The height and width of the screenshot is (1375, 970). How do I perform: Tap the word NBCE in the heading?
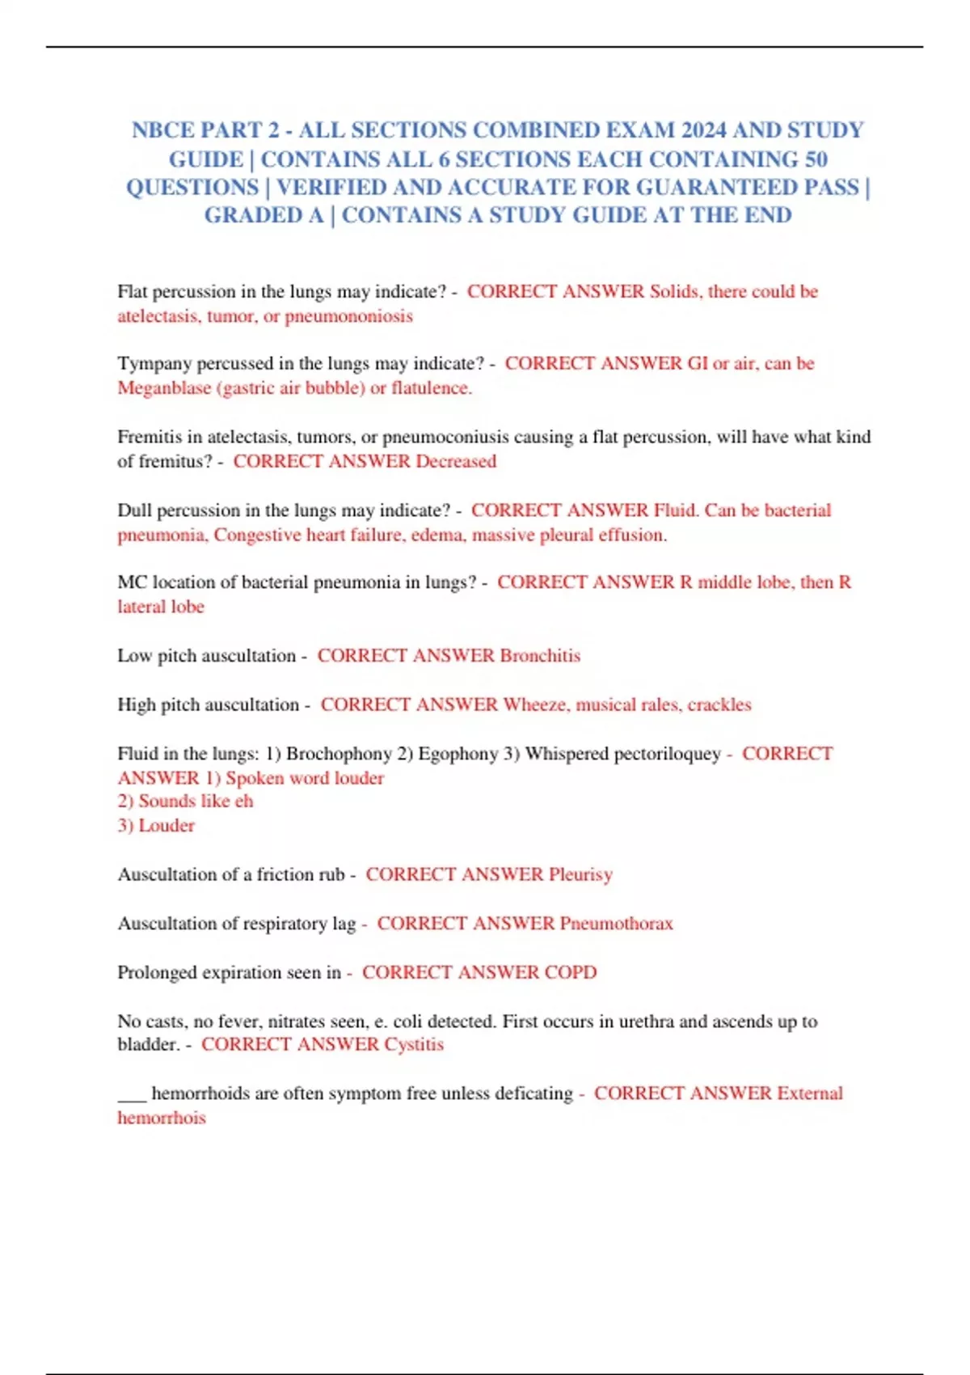point(162,130)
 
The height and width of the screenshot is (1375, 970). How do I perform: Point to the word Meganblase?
point(164,387)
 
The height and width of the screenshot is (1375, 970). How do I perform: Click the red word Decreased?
point(456,461)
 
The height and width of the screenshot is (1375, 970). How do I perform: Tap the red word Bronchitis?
point(540,655)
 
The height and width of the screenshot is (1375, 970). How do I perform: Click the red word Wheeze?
point(535,704)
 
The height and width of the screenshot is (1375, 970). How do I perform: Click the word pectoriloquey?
point(667,753)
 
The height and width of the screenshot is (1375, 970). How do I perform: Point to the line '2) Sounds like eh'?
point(185,801)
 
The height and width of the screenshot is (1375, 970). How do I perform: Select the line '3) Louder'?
point(156,825)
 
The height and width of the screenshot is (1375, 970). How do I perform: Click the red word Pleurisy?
point(580,874)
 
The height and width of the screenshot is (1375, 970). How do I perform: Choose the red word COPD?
point(571,971)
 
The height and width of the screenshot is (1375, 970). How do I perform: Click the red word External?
point(810,1093)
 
